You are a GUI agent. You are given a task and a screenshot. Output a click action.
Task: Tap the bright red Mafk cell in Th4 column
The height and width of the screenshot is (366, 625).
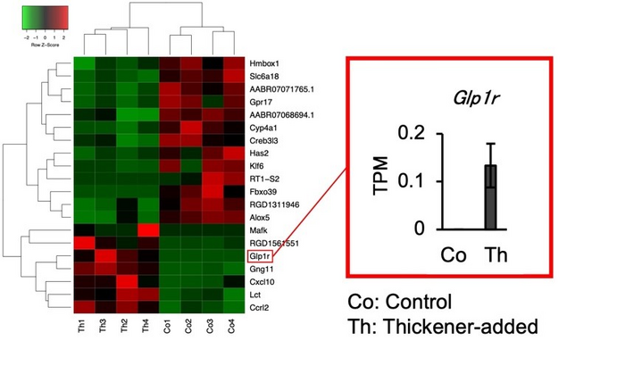pos(147,230)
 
